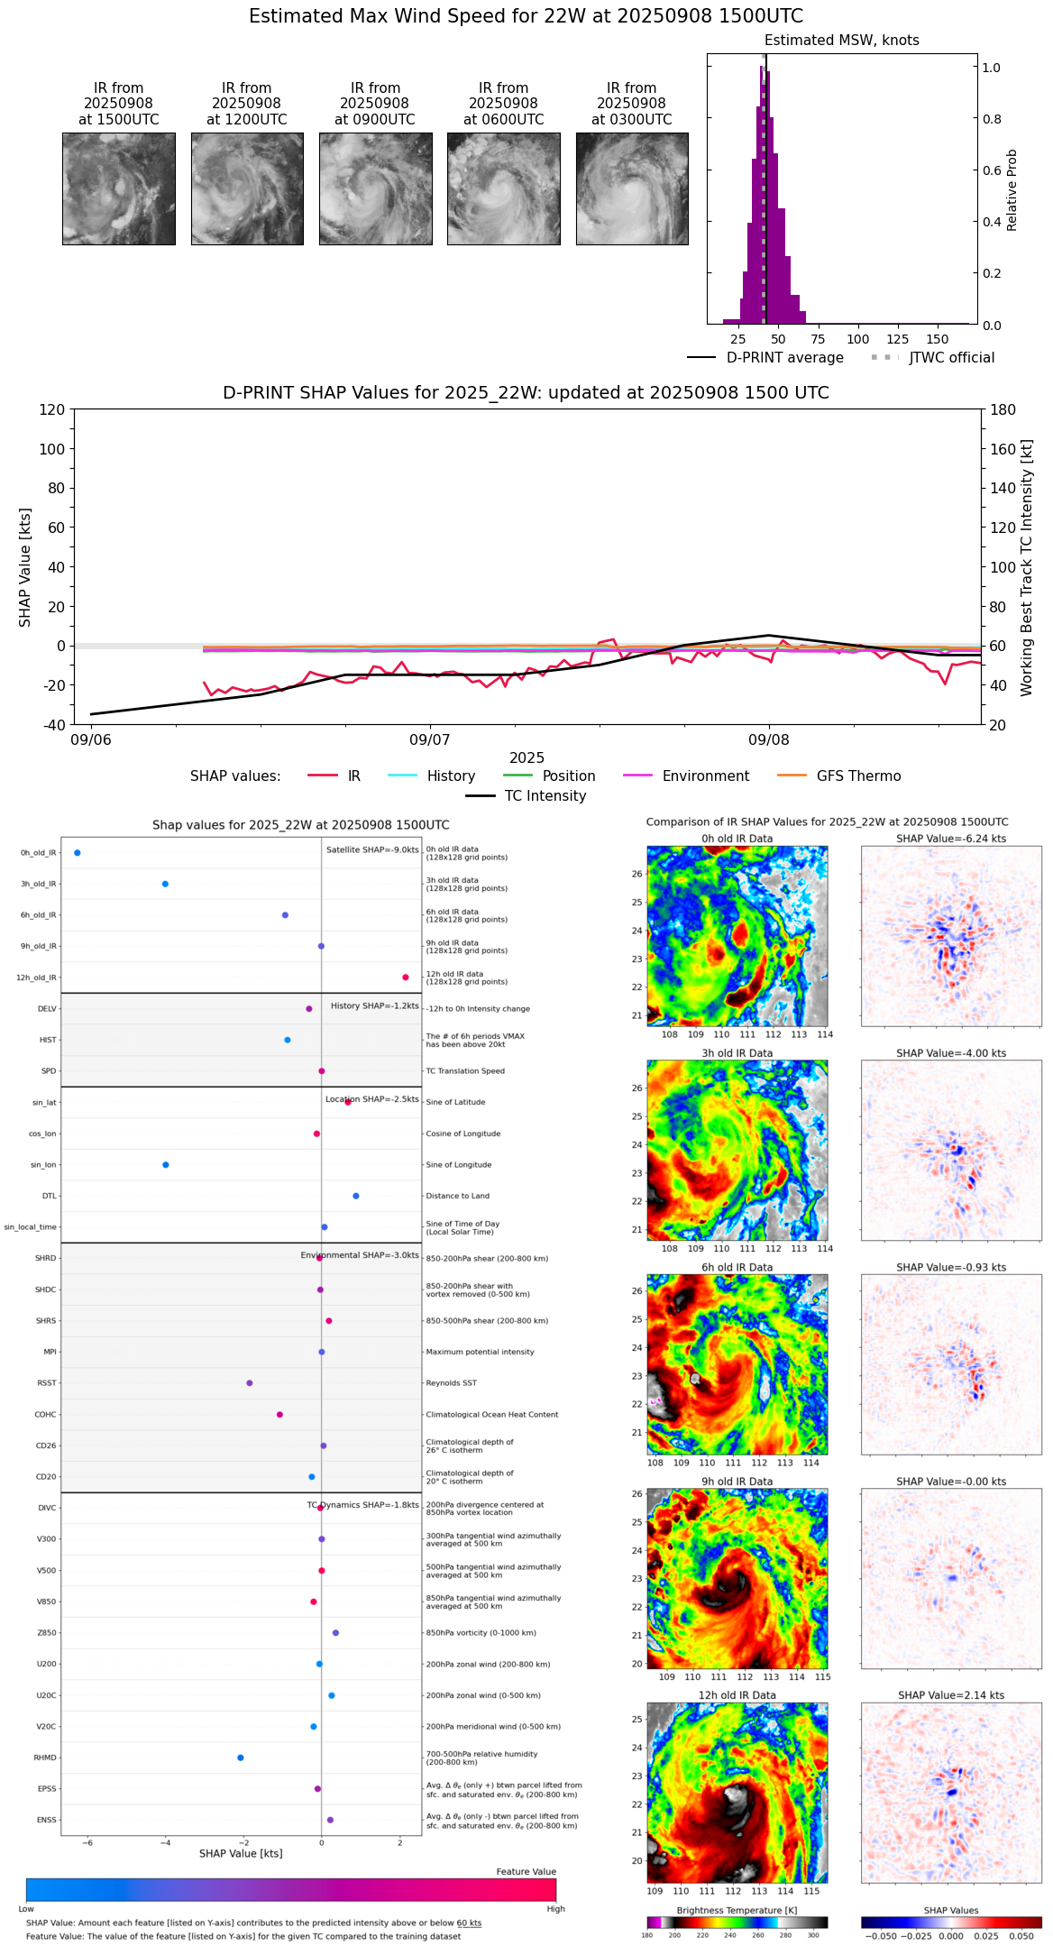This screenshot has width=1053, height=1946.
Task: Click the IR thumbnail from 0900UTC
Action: tap(375, 188)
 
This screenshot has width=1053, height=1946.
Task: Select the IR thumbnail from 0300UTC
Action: tap(632, 188)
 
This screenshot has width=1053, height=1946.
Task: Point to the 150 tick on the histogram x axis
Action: tap(938, 339)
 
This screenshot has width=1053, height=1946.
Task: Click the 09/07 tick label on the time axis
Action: tap(430, 740)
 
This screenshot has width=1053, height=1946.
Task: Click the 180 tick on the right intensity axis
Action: tap(1003, 409)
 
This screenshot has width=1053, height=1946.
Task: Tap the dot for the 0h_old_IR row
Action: tap(78, 852)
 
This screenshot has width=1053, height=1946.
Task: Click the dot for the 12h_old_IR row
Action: tap(406, 978)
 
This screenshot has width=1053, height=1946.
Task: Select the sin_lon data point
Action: tap(166, 1165)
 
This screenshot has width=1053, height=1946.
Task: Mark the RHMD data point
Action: tap(241, 1758)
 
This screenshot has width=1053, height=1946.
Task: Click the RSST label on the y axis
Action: tap(47, 1383)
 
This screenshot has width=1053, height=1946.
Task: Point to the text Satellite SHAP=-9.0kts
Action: tap(372, 849)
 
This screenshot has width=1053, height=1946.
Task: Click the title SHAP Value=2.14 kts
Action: tap(951, 1695)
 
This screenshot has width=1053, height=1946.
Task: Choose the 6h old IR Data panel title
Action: tap(737, 1267)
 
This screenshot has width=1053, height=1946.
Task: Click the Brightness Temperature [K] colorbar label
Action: tap(737, 1910)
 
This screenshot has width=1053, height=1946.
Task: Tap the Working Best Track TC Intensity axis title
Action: tap(1027, 568)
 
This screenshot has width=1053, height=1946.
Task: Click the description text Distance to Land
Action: tap(457, 1196)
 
